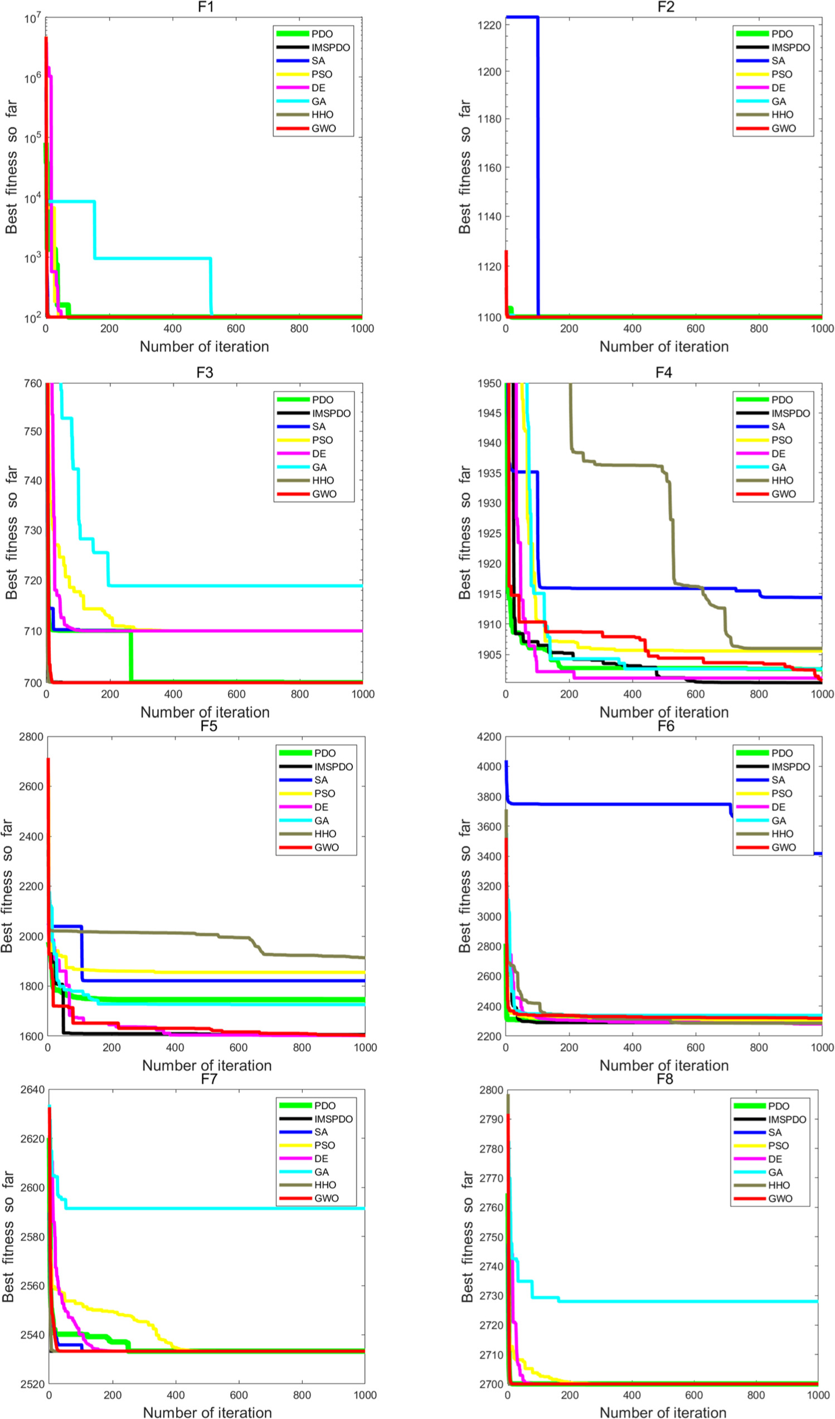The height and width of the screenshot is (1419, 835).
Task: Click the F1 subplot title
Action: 205,7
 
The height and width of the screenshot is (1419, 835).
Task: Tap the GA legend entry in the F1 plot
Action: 318,102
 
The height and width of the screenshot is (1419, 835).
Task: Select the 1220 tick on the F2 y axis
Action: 489,25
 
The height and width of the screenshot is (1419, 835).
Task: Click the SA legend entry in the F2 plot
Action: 778,61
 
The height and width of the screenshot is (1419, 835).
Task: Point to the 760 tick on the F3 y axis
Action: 33,383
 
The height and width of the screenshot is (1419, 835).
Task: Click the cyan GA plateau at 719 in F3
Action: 236,586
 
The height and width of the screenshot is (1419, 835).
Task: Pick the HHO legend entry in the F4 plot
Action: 781,480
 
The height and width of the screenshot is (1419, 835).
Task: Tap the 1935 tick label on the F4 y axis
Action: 489,473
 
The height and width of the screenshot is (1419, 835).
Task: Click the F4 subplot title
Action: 663,372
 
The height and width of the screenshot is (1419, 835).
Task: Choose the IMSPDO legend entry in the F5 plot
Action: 333,767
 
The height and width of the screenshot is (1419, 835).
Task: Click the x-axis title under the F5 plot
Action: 206,1065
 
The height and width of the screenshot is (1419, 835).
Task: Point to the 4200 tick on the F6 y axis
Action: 489,737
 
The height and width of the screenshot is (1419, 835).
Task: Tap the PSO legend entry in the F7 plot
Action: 324,1145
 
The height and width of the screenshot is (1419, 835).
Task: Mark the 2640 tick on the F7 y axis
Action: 33,1089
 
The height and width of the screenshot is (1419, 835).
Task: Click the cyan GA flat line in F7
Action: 225,1208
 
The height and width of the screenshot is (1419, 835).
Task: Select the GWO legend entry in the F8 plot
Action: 780,1199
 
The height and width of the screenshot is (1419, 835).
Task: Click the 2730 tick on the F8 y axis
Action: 491,1296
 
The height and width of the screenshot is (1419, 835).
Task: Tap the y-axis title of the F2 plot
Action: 464,167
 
